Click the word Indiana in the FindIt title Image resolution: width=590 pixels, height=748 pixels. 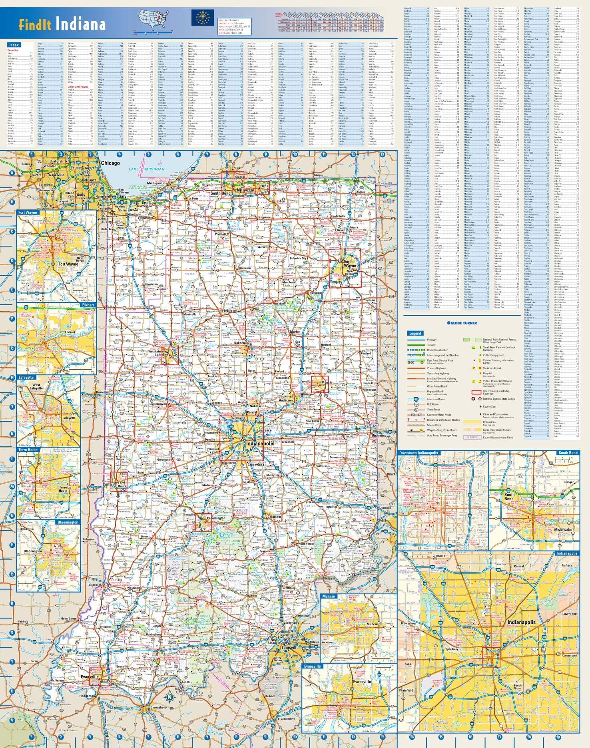(x=81, y=24)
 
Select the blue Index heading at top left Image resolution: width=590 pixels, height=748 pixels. (x=14, y=45)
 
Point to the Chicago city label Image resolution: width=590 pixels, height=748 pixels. (x=110, y=163)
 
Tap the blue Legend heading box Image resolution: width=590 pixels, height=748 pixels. (x=415, y=333)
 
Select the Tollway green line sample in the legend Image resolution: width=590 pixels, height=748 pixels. (x=416, y=345)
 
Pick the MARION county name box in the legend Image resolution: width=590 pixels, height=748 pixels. (x=472, y=437)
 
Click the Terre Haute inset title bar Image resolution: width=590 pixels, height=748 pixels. (x=28, y=450)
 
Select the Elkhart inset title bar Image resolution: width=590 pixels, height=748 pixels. (x=88, y=305)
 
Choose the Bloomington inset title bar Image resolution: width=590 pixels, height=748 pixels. (x=68, y=522)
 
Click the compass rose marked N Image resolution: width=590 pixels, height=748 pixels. (x=169, y=697)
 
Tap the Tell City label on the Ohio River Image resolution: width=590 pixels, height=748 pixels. (x=187, y=682)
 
